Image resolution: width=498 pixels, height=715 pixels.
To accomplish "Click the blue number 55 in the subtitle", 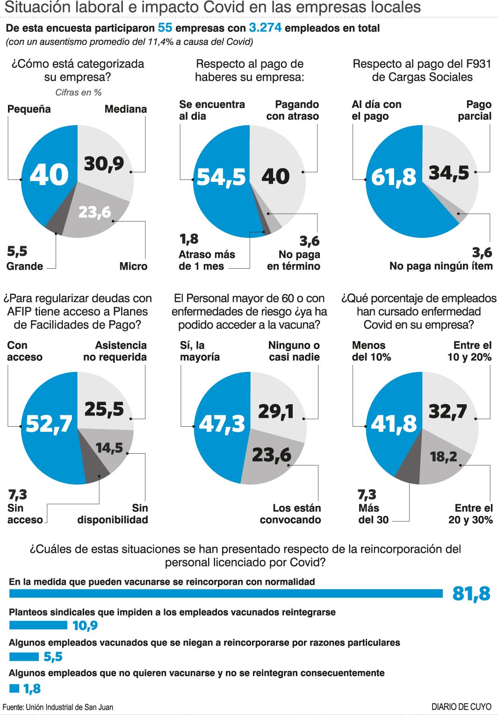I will (165, 28).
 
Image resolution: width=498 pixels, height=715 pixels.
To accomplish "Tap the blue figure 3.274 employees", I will (265, 28).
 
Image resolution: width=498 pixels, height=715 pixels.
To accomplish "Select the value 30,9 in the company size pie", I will (104, 164).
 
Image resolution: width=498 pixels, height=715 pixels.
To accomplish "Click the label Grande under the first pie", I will (25, 266).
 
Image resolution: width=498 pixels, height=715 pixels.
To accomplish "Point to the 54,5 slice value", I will (221, 177).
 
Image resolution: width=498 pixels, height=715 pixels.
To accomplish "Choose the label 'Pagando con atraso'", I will (293, 110).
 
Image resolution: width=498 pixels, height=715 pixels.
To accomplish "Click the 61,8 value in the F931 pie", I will (393, 177).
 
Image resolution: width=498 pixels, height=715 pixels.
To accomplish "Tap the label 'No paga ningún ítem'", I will (441, 266).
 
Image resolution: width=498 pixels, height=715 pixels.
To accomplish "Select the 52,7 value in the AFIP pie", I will (49, 424).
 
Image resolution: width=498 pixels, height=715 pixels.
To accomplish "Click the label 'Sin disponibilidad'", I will (113, 514).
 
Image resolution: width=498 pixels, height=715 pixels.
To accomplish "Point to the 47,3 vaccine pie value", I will (222, 424).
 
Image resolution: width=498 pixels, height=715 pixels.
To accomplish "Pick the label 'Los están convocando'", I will (290, 514).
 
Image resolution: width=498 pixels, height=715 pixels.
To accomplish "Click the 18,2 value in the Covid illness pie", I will (443, 457).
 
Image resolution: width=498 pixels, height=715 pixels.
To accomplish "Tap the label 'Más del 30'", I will (373, 514).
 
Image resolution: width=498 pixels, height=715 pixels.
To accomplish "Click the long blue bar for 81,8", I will (226, 593).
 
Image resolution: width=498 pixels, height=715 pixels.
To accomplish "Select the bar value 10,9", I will (85, 626).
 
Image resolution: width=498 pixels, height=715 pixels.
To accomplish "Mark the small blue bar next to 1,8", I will (14, 688).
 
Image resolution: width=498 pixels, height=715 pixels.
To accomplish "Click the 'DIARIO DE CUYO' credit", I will (461, 707).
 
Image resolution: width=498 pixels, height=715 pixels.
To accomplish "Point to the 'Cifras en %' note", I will (79, 93).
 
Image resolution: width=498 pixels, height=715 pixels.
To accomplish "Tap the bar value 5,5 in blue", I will (53, 657).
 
